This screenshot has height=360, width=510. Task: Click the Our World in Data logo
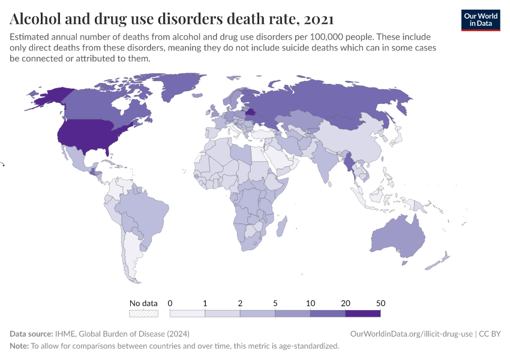pyautogui.click(x=480, y=19)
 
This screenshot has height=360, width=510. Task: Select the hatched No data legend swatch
pyautogui.click(x=143, y=313)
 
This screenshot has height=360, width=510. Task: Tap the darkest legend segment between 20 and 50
pyautogui.click(x=363, y=313)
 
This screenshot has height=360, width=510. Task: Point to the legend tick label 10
pyautogui.click(x=310, y=302)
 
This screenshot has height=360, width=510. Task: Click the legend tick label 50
pyautogui.click(x=380, y=302)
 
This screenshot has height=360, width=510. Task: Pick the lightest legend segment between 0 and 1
pyautogui.click(x=187, y=313)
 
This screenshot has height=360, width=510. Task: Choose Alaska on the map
pyautogui.click(x=48, y=96)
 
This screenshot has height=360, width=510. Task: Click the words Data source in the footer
pyautogui.click(x=30, y=334)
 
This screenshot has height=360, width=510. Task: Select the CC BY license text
pyautogui.click(x=490, y=334)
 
